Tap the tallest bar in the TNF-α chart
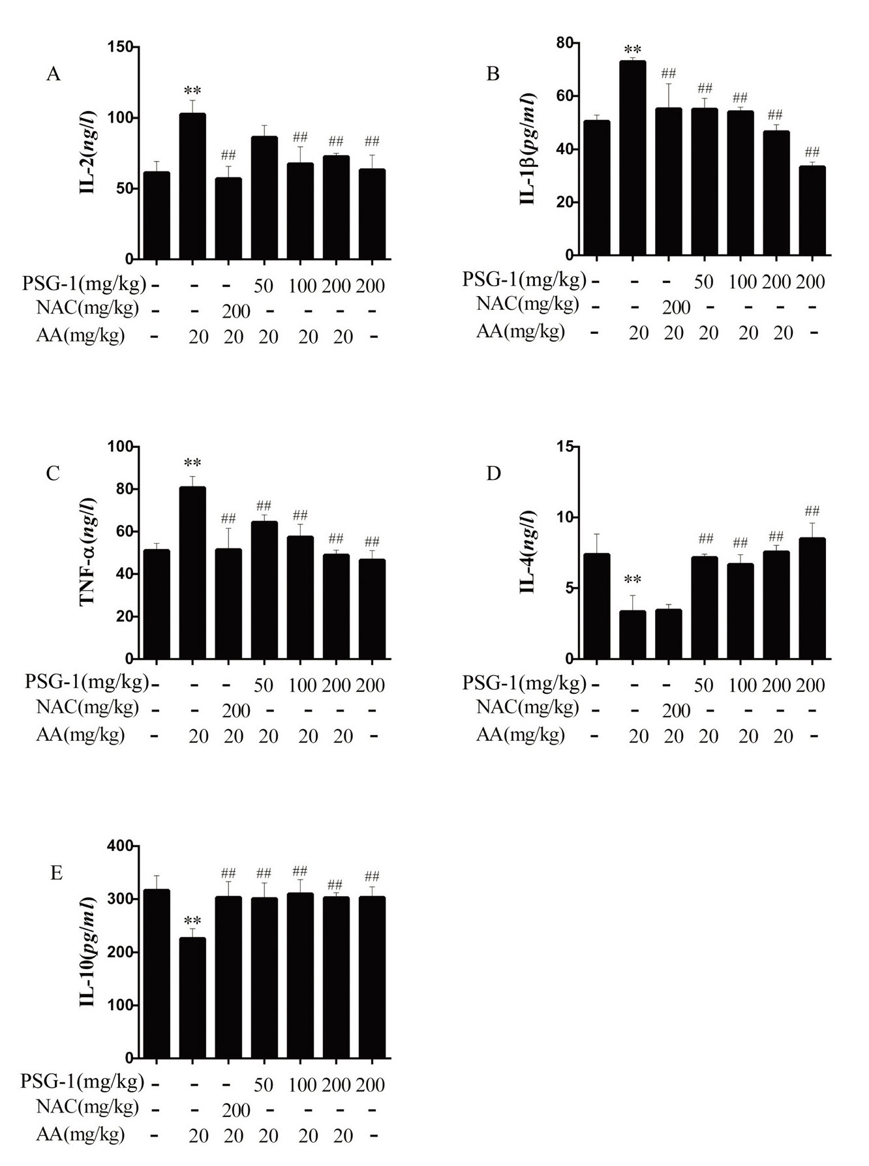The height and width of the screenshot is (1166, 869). tap(192, 572)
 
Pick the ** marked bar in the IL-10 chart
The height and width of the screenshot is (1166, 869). tap(192, 997)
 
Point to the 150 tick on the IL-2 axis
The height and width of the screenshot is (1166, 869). tap(124, 47)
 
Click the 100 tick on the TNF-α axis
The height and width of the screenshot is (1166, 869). tap(124, 446)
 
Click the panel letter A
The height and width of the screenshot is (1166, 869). tap(53, 74)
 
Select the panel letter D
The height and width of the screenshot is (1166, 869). tap(493, 473)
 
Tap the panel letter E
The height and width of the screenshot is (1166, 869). tap(56, 873)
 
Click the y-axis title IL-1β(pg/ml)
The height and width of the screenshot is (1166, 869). tap(528, 149)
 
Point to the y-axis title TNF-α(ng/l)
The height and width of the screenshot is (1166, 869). tap(87, 552)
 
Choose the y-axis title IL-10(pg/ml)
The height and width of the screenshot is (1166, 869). tap(87, 951)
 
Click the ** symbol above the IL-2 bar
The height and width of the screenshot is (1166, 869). tap(192, 91)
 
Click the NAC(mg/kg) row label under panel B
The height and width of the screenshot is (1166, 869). tap(527, 304)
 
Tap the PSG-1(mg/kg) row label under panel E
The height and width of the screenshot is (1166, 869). tap(82, 1081)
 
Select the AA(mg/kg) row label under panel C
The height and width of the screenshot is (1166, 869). tap(80, 735)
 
